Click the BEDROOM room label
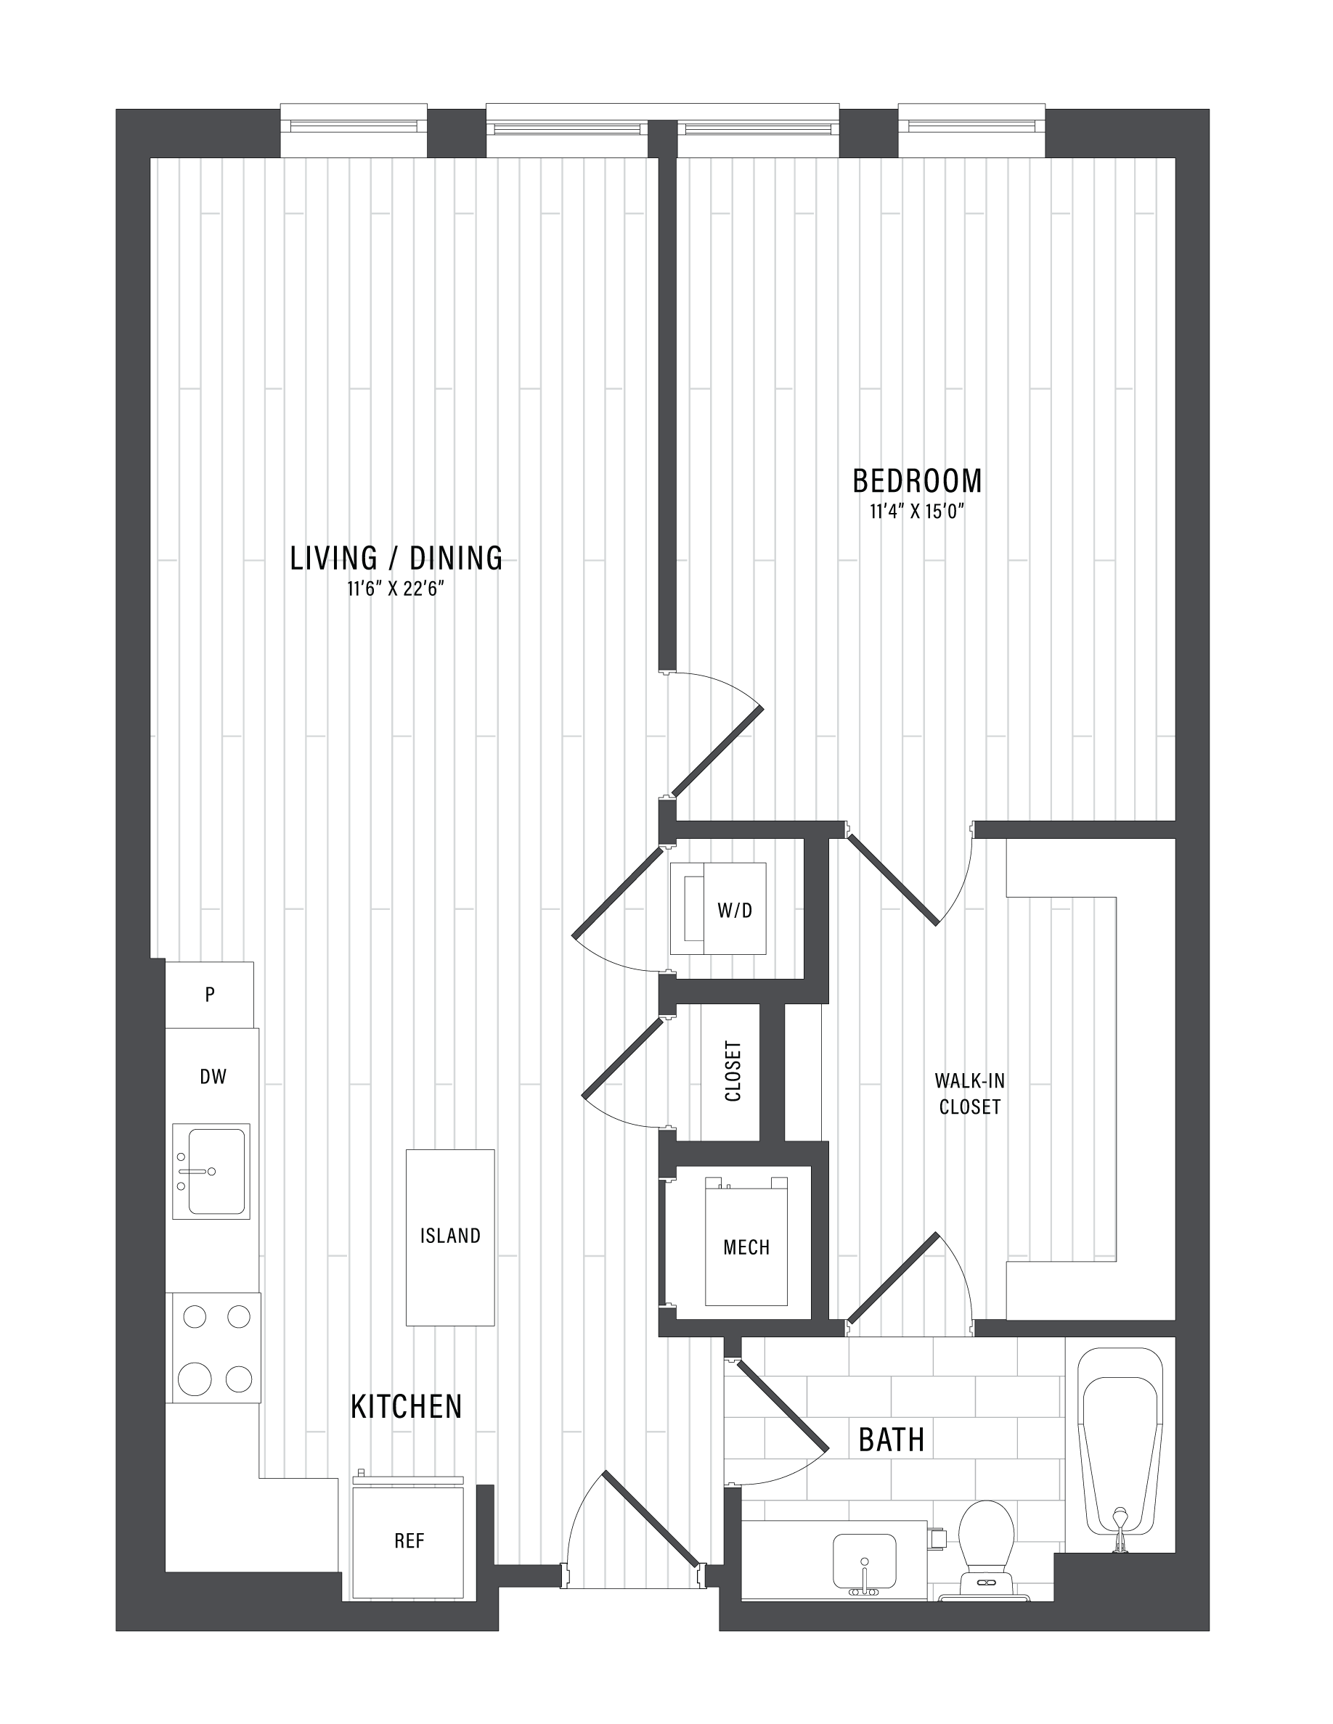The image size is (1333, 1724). coord(917,481)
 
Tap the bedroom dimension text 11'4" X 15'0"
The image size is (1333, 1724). coord(917,512)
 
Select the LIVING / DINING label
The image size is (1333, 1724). coord(396,558)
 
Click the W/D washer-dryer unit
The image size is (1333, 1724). coord(718,908)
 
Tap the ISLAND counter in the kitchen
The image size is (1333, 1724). coord(450,1237)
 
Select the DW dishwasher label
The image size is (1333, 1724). coord(213,1076)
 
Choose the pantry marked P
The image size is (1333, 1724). coord(209,994)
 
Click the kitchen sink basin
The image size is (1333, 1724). coord(211,1171)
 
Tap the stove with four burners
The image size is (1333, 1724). coord(213,1347)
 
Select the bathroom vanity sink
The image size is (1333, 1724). coord(865,1564)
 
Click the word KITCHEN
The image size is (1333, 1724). coord(406,1406)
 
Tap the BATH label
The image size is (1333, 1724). coord(892,1440)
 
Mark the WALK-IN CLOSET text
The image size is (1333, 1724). coord(970,1093)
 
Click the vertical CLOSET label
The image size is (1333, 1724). coord(733,1071)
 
